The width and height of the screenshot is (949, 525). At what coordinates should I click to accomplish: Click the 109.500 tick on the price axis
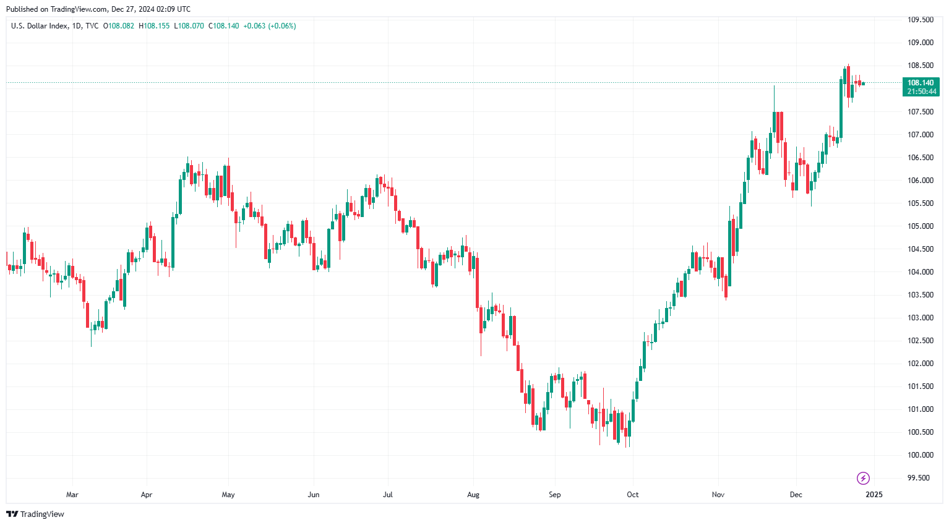coord(920,20)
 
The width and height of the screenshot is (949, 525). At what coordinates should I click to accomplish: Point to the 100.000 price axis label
coord(920,455)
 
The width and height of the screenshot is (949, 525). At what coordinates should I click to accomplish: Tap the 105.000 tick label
coord(920,226)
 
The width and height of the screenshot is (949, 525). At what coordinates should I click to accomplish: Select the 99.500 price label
coord(918,478)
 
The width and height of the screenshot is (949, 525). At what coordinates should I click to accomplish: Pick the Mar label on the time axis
coord(72,495)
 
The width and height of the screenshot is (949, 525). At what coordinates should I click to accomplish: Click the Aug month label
coord(473,495)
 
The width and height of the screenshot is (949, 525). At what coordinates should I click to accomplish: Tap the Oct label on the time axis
coord(632,495)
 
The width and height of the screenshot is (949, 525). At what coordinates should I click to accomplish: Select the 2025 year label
coord(874,495)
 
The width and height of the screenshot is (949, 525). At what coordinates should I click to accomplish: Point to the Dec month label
coord(796,495)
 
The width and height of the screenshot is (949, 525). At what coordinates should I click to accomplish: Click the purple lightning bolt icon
coord(863,478)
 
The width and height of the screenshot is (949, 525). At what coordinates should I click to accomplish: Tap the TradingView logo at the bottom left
coord(35,514)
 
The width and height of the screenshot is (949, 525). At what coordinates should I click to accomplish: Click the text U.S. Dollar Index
coord(39,26)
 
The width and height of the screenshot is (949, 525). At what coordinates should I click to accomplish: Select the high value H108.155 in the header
coord(154,26)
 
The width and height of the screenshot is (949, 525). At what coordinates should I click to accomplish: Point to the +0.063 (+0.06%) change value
coord(269,26)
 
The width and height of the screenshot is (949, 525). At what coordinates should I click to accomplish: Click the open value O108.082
coord(119,26)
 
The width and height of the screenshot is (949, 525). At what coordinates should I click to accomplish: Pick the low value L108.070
coord(189,26)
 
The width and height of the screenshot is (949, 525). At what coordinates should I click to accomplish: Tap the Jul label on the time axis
coord(388,495)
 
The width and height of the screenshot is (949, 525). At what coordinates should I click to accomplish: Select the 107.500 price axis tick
coord(920,112)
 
